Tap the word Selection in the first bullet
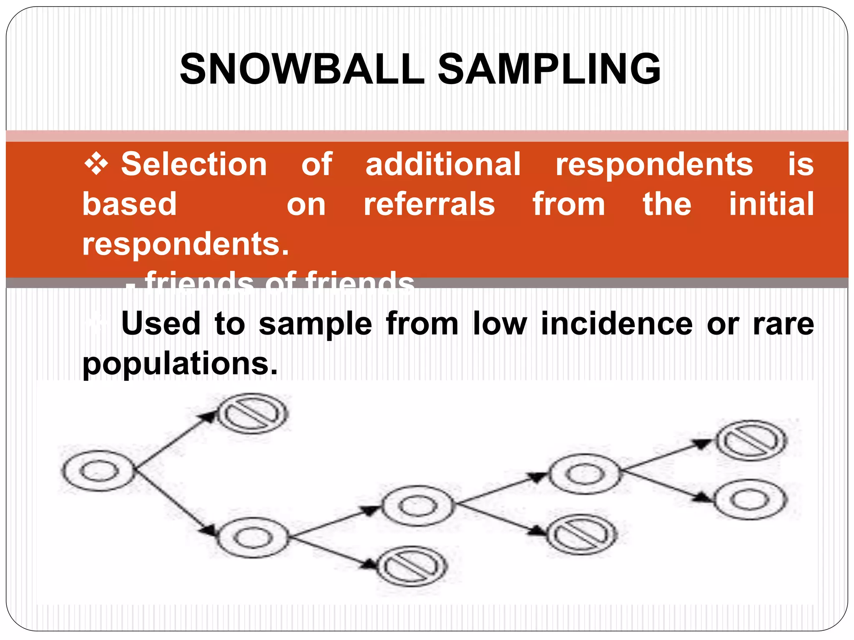pos(194,164)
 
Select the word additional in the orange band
pos(443,164)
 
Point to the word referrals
pos(429,204)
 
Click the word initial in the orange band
pos(771,204)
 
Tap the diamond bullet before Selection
pos(96,164)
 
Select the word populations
pos(180,364)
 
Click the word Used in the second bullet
pos(161,324)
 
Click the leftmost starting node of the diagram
pos(99,471)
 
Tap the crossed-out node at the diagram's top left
pos(253,414)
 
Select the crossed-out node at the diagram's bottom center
pos(412,566)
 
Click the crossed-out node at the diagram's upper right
pos(751,440)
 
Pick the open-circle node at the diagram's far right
pos(750,500)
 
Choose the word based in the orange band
pos(130,204)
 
